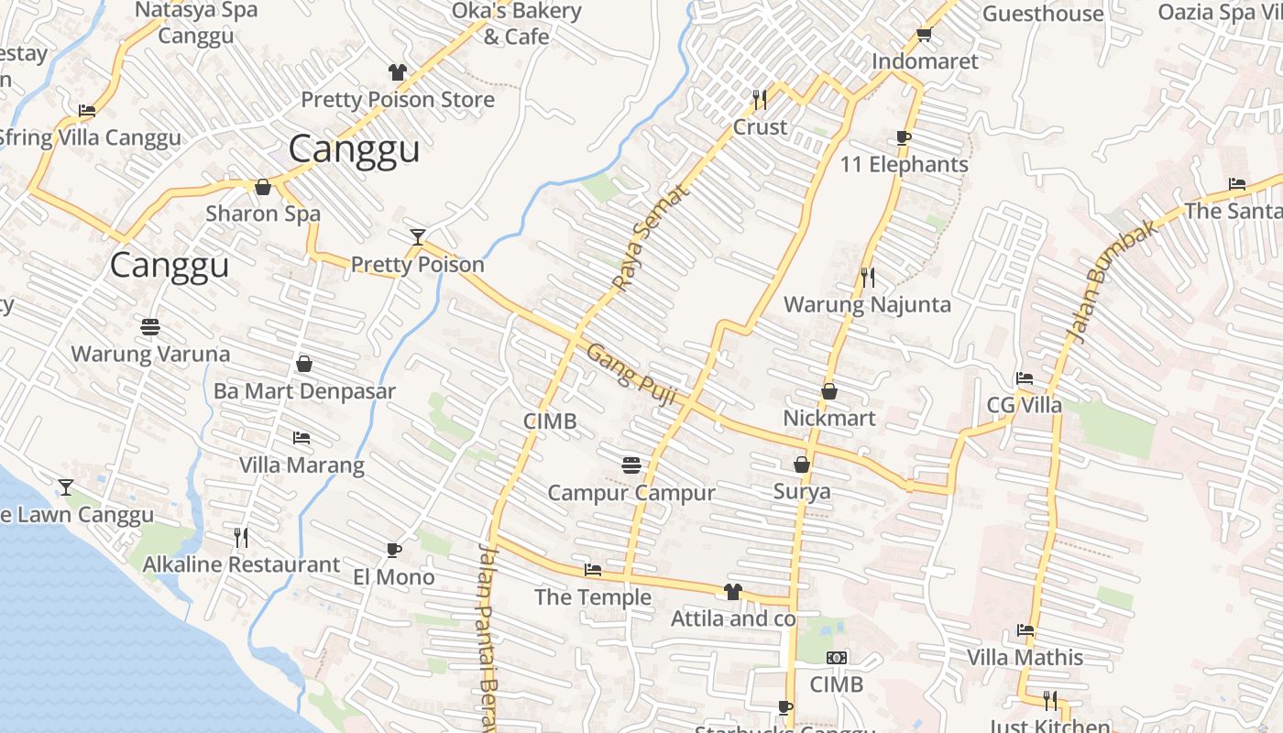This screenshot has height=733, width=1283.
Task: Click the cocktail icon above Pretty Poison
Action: (x=418, y=237)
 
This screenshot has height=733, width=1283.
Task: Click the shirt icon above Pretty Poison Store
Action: (x=397, y=72)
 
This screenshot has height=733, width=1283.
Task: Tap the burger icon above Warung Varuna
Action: (x=150, y=326)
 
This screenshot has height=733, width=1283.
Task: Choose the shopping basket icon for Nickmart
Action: (x=829, y=391)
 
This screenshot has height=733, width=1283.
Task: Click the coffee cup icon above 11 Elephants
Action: (x=904, y=138)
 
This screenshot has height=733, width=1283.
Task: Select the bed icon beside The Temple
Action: (x=593, y=570)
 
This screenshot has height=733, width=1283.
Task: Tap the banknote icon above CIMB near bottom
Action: (x=837, y=658)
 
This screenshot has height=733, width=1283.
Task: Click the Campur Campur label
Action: (x=631, y=493)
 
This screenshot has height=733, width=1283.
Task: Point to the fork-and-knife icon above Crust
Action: (x=760, y=99)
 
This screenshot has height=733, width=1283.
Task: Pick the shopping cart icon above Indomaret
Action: (x=924, y=35)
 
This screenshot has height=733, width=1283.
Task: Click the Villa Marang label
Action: (x=302, y=465)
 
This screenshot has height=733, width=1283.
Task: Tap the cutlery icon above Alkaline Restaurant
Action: (x=241, y=537)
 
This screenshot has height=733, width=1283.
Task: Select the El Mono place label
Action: (x=394, y=577)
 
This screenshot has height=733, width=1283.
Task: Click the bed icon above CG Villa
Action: (x=1025, y=378)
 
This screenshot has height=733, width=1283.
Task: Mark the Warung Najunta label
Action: (x=867, y=304)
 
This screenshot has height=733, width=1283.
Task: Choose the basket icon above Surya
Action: (x=802, y=465)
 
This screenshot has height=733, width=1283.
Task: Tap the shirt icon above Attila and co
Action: (x=732, y=592)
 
